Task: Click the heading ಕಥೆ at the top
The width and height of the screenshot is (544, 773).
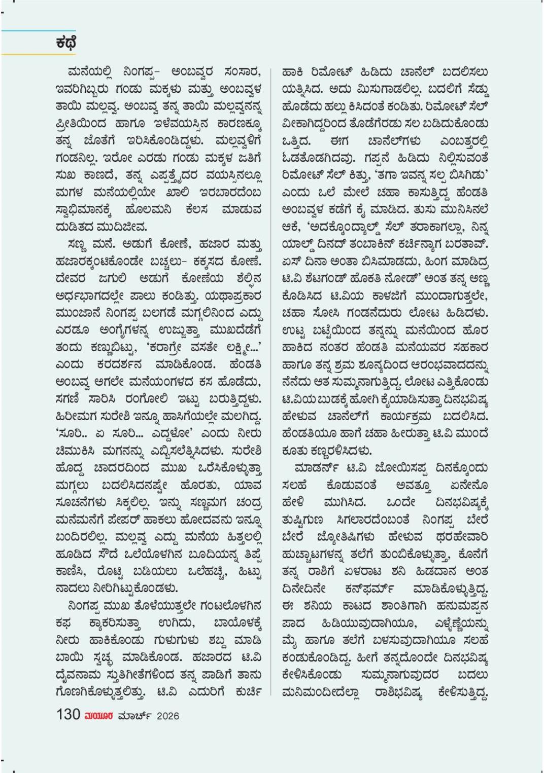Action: click(x=66, y=43)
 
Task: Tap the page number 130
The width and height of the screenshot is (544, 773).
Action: click(x=68, y=715)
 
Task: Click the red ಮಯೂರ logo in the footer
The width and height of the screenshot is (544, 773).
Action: click(x=99, y=716)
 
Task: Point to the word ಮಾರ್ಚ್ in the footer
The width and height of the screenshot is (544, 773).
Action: click(x=133, y=716)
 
